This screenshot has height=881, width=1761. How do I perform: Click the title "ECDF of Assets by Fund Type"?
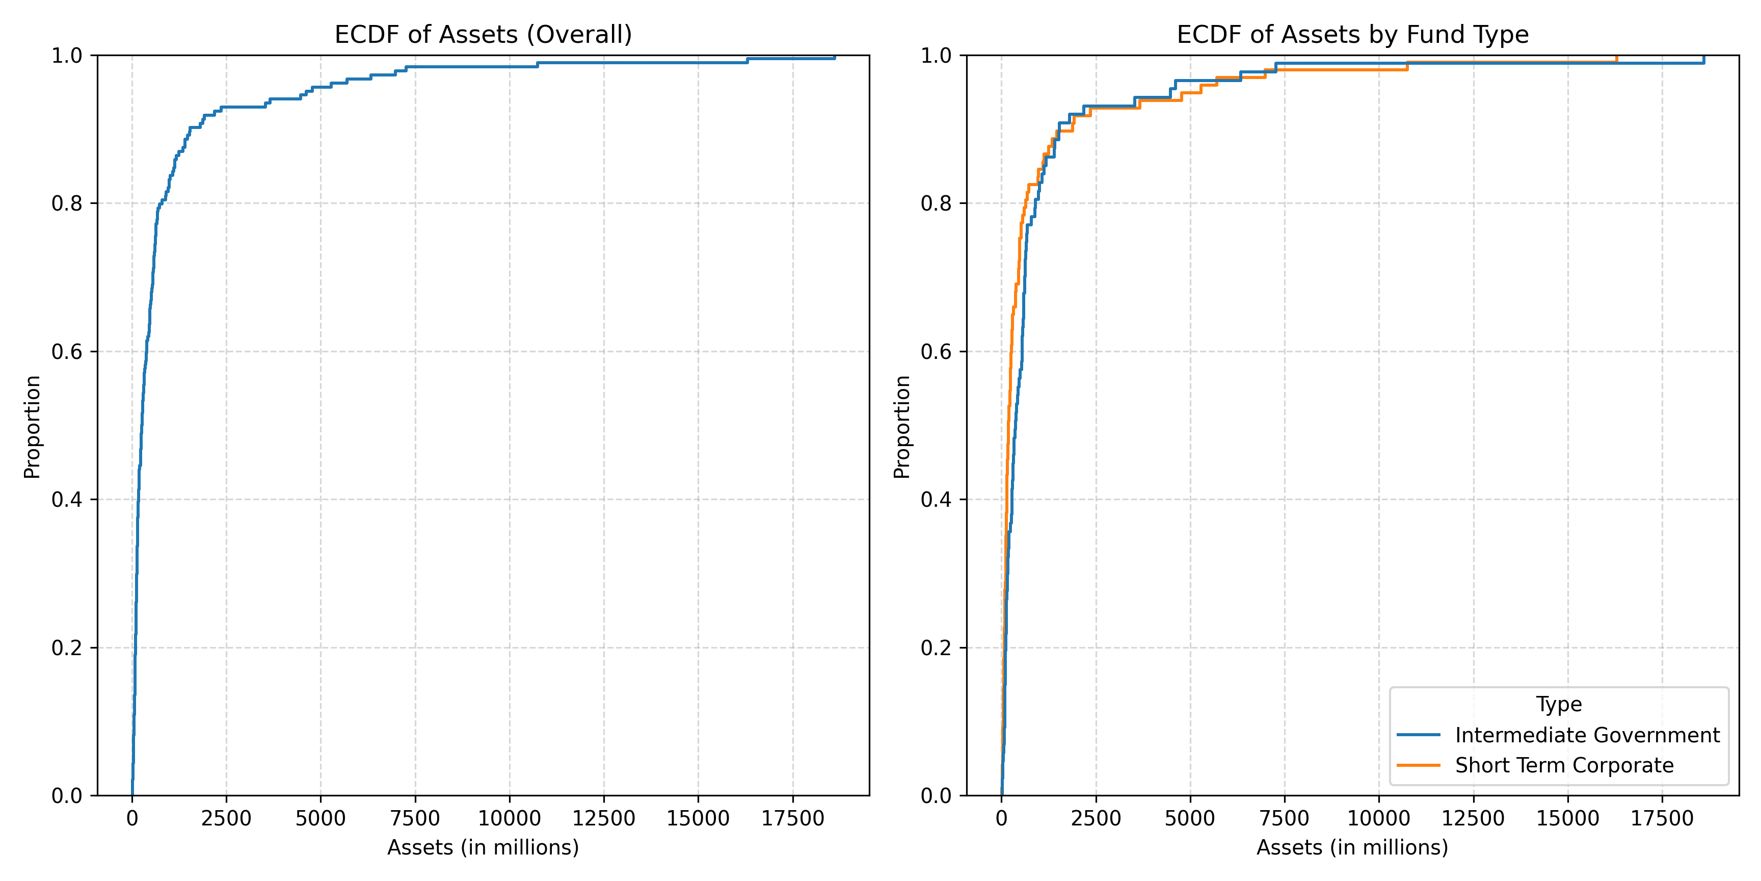click(x=1352, y=34)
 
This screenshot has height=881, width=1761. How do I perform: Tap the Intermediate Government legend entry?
click(x=1587, y=735)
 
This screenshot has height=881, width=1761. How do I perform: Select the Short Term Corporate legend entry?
click(x=1564, y=765)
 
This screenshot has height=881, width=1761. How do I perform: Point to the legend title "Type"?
click(x=1559, y=704)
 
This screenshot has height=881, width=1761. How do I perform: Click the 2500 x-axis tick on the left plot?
click(x=226, y=818)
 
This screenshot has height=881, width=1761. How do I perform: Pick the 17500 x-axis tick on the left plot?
click(x=792, y=818)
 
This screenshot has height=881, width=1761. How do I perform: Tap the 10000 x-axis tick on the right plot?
click(x=1378, y=818)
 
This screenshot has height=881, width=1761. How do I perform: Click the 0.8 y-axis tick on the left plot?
click(x=66, y=203)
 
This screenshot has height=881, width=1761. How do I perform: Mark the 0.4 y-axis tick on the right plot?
click(x=936, y=499)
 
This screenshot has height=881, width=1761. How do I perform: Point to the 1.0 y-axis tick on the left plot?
click(x=66, y=56)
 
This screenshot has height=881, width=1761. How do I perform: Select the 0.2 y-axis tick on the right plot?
click(x=936, y=647)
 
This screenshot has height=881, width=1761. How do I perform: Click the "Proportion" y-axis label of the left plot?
click(x=32, y=426)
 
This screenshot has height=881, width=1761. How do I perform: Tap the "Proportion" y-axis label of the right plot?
click(x=902, y=426)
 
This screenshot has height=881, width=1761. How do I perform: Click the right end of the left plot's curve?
click(x=834, y=58)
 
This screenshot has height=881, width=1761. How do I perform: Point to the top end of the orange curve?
click(x=1617, y=56)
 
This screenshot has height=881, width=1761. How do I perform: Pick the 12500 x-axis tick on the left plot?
click(x=604, y=818)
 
